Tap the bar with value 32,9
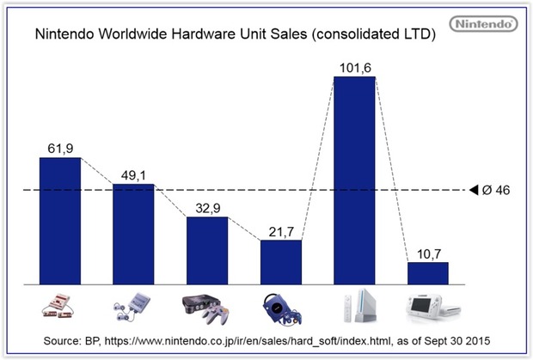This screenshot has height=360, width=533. coord(207,250)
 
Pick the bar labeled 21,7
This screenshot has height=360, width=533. coord(281,261)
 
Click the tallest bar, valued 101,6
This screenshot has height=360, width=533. coord(354,180)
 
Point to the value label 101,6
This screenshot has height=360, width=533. coord(355,64)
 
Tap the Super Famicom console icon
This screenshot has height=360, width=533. coord(133,307)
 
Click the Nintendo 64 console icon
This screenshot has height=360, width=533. coord(207,306)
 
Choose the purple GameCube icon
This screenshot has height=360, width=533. coord(281,306)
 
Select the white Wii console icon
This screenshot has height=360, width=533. coord(354,305)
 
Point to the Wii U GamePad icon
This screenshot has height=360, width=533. coord(427,304)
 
